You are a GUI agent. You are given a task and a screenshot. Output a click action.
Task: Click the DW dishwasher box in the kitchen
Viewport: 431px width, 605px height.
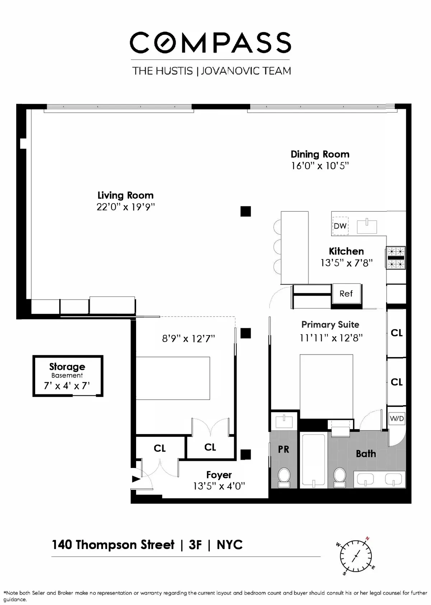point(340,226)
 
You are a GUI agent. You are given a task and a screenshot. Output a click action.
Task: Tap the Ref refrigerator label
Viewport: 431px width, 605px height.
point(346,294)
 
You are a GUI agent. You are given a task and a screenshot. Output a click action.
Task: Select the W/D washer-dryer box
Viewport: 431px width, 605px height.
point(397,418)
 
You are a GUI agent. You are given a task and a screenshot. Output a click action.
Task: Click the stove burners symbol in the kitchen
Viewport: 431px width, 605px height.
point(396,258)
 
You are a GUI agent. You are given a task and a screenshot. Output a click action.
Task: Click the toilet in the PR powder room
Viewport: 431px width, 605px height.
point(284,477)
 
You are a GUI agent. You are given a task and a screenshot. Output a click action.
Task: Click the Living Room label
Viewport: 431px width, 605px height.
point(125,195)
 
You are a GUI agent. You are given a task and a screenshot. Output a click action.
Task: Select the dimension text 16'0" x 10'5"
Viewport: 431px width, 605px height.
point(320,166)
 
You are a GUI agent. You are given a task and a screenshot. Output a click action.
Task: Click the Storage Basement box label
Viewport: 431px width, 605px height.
point(67,367)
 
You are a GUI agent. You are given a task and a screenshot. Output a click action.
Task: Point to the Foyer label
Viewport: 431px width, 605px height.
point(219,475)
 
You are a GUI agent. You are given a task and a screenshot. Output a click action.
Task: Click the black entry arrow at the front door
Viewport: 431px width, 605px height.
point(136,479)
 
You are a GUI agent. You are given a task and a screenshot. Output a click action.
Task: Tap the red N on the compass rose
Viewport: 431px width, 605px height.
point(367,538)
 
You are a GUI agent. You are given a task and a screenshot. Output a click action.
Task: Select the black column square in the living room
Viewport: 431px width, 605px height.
point(245,211)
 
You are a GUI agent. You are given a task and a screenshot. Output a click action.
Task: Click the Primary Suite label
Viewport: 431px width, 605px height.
point(330,324)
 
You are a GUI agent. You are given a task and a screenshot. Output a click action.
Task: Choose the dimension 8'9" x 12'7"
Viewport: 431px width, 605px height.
point(188,338)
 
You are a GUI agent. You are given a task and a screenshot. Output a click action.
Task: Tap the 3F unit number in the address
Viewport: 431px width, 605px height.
point(195,545)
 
